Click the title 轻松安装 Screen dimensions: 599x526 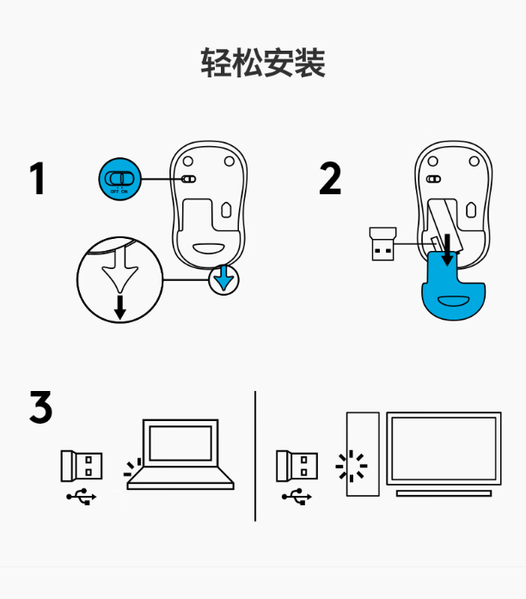(263, 64)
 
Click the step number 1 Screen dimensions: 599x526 (36, 179)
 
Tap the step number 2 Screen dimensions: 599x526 (330, 179)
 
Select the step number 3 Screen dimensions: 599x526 (40, 408)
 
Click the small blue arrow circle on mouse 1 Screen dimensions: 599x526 (223, 278)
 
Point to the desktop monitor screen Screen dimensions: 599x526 (443, 448)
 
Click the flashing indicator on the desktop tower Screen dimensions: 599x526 (351, 467)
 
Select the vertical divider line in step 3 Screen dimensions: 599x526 (255, 455)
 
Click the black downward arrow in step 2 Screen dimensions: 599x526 (448, 250)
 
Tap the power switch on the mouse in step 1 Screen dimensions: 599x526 (189, 180)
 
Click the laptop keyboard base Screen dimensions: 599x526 (180, 479)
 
